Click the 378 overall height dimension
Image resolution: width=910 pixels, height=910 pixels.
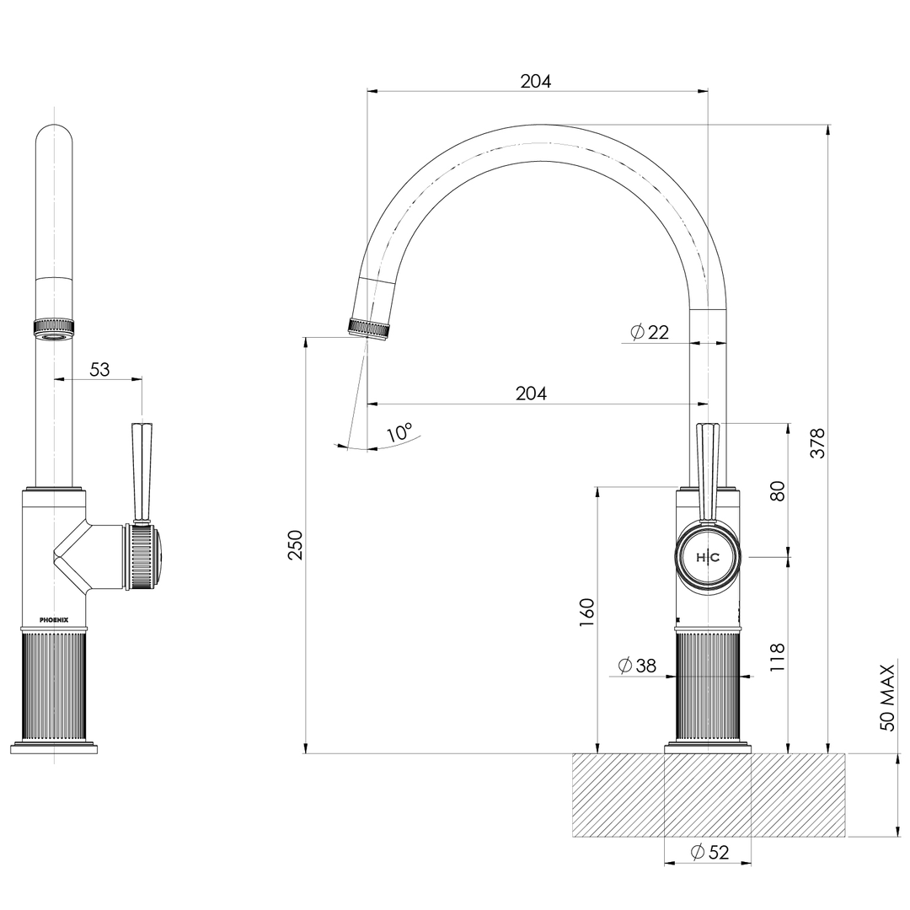[x=818, y=443]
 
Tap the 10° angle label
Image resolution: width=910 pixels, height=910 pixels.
[x=399, y=433]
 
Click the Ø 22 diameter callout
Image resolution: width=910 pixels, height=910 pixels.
[x=650, y=332]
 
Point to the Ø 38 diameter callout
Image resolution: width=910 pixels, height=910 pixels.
[x=637, y=666]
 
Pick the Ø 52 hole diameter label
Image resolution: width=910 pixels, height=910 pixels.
[x=709, y=852]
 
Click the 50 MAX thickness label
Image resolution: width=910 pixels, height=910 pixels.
[x=887, y=698]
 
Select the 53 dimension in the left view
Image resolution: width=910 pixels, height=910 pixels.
[x=99, y=369]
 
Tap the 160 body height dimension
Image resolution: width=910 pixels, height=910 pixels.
[x=587, y=608]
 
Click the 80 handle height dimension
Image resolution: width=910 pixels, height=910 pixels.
[x=778, y=490]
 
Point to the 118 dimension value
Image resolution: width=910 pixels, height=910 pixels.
[x=778, y=657]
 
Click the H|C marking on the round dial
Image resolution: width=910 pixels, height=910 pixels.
[x=708, y=558]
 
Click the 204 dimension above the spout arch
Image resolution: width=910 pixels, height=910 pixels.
[x=536, y=81]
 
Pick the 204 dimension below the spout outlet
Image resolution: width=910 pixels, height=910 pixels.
[x=532, y=393]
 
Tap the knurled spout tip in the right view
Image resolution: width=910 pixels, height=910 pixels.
[x=371, y=328]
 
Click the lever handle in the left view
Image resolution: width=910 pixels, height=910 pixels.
[x=141, y=472]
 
